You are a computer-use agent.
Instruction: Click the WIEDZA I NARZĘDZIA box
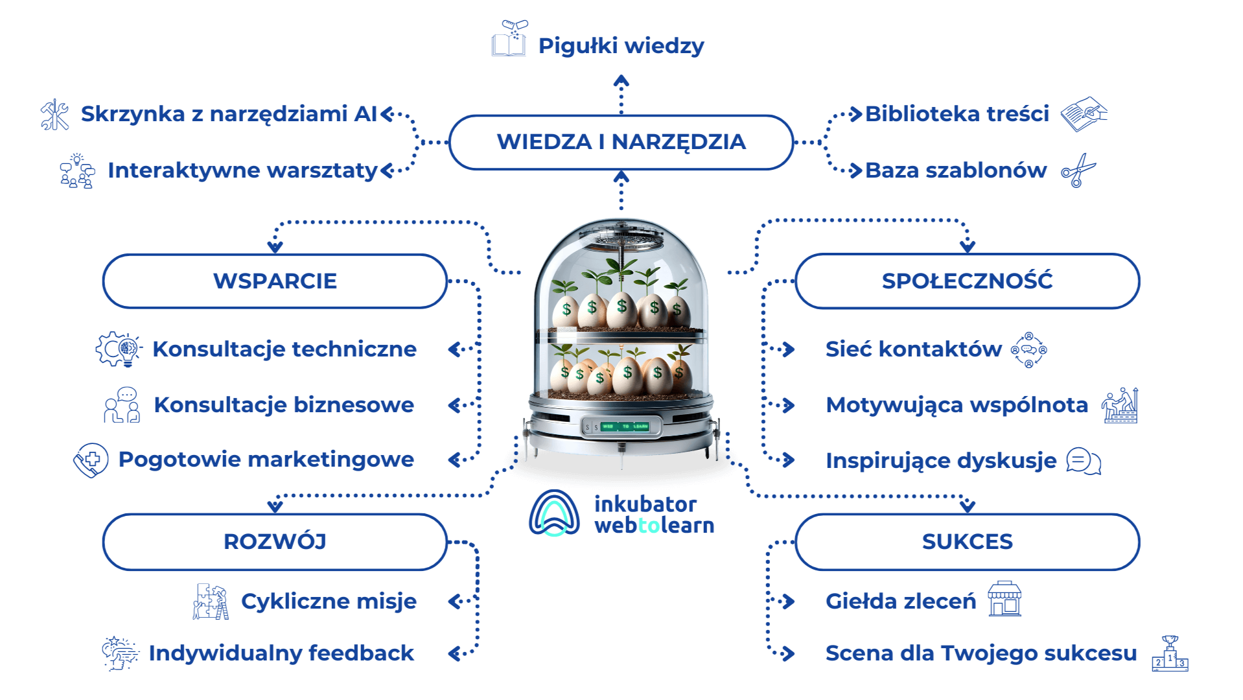pos(620,142)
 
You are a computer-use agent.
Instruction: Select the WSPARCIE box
pos(275,281)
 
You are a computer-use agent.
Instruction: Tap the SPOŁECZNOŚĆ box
pos(966,281)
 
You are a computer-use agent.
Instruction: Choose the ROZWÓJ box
pos(275,542)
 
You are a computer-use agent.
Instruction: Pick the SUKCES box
pos(966,542)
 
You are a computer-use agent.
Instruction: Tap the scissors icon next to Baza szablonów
pos(1078,170)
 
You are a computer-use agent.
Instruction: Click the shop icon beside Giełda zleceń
pos(1004,599)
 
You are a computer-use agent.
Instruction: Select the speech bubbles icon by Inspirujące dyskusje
pos(1083,461)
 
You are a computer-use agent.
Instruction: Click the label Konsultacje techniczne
pos(284,349)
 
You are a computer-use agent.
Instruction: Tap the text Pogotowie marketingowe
pos(266,460)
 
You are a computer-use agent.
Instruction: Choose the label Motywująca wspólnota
pos(957,405)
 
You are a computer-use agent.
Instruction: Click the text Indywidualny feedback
pos(281,653)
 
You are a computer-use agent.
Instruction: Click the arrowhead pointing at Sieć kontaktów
pos(789,349)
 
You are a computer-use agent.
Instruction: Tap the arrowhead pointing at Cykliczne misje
pos(454,601)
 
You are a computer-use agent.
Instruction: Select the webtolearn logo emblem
pos(554,514)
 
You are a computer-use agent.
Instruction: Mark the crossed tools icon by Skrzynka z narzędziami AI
pos(55,115)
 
